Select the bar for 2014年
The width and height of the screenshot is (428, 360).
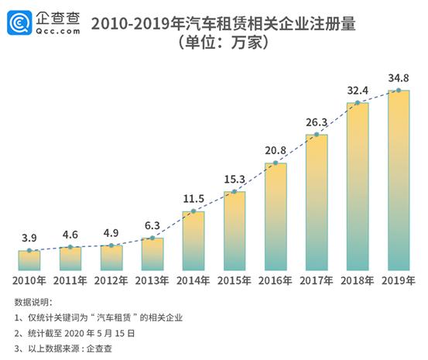pos(193,241)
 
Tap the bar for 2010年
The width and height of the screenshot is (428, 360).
pos(29,260)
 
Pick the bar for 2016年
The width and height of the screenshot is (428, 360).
pos(276,217)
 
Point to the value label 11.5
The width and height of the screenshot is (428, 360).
pos(193,197)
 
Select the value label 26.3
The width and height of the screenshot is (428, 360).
pos(317,121)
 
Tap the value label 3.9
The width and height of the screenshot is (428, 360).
pos(29,236)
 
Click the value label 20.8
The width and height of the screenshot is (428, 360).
pos(276,149)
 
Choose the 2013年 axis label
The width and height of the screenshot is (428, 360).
pos(152,280)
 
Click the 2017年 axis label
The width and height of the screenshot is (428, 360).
pos(317,280)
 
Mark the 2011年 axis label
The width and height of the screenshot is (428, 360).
pos(70,280)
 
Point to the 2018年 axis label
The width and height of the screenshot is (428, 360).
pos(358,280)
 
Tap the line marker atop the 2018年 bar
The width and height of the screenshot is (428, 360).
pos(358,102)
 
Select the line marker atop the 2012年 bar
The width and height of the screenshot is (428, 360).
pos(111,246)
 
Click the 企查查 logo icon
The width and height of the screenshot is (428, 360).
pos(24,18)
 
